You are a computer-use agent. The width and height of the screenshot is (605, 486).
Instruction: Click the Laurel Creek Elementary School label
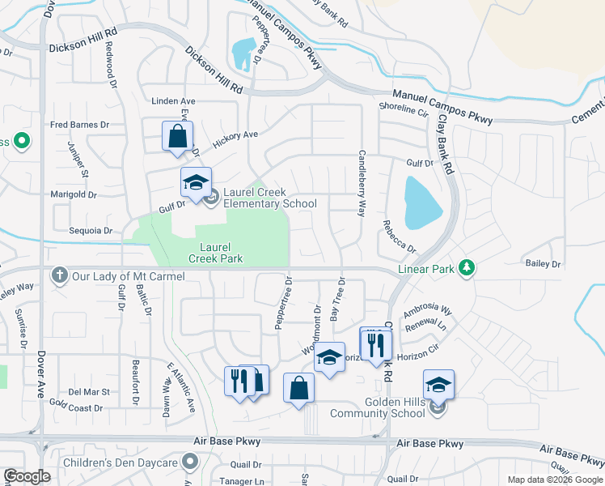click(x=270, y=198)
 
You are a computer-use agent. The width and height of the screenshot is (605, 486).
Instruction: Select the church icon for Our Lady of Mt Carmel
click(x=59, y=275)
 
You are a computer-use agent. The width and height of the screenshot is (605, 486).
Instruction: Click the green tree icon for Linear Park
click(x=466, y=267)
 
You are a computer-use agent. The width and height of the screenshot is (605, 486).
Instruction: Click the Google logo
click(x=27, y=476)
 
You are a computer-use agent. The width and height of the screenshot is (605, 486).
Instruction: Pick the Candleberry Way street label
click(x=362, y=182)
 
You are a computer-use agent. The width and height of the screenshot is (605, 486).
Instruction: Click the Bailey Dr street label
click(x=543, y=264)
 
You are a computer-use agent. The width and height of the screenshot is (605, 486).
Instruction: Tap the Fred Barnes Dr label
click(x=79, y=125)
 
